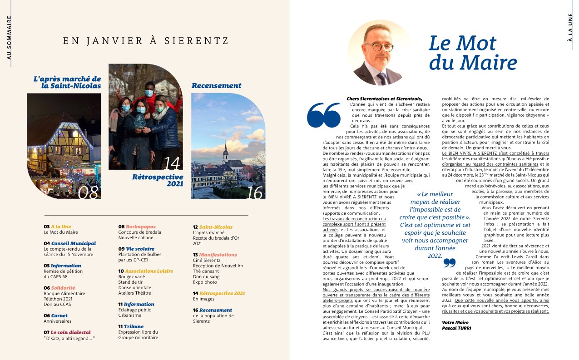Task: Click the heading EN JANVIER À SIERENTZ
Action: click(146, 41)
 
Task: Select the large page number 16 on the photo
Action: click(255, 192)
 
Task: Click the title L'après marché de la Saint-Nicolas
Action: click(67, 82)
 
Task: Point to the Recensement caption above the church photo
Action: click(216, 85)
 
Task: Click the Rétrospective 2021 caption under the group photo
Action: click(158, 180)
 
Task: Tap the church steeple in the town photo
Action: click(225, 151)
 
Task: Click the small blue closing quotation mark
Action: click(449, 263)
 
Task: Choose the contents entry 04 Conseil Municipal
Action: click(70, 243)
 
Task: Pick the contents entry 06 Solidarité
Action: click(59, 288)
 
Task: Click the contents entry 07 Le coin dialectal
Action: click(67, 332)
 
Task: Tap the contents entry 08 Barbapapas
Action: click(137, 227)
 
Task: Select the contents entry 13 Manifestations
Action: click(215, 255)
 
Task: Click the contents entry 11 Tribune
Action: click(131, 326)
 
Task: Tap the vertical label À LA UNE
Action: click(570, 27)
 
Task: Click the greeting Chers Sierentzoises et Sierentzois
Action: click(384, 99)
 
